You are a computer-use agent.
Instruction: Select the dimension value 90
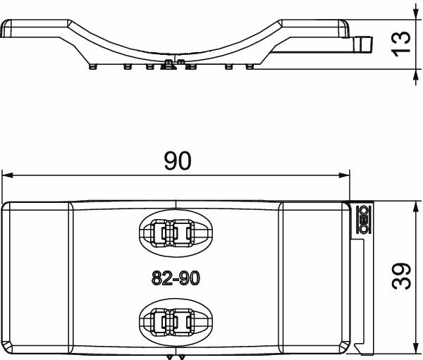coord(177,161)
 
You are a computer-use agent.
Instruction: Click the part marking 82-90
coord(176,279)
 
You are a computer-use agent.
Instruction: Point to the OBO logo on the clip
coord(365,219)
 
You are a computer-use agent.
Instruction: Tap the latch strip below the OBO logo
coord(360,296)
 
